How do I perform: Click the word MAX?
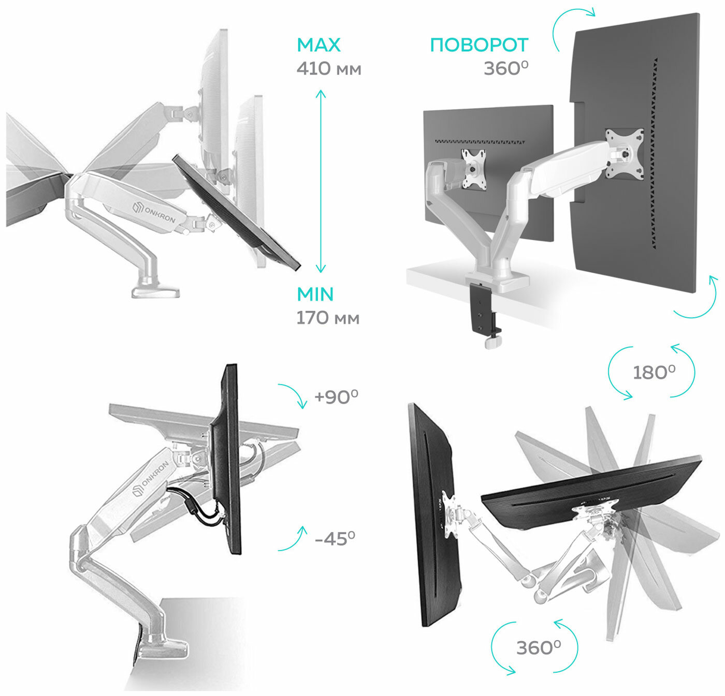(x=318, y=45)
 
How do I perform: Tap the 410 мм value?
(x=328, y=69)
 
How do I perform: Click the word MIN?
(x=315, y=294)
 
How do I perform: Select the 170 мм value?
(x=327, y=318)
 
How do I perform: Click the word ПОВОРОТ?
(x=479, y=45)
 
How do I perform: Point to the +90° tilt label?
(x=336, y=397)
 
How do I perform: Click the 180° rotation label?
(x=654, y=372)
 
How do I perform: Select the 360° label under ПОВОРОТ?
(x=506, y=69)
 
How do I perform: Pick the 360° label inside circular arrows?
(x=538, y=647)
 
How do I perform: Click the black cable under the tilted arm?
(x=201, y=510)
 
